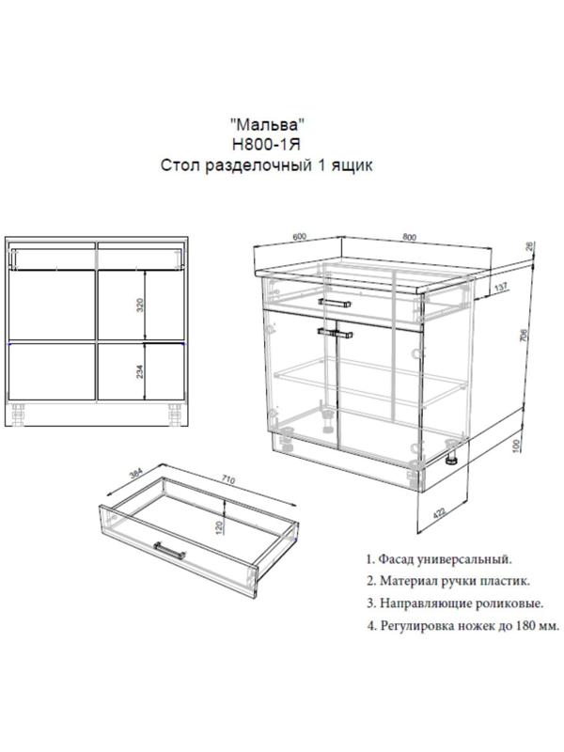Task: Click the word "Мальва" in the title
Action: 268,125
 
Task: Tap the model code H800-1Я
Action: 267,145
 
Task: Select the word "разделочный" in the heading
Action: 258,166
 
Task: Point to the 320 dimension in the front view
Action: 139,305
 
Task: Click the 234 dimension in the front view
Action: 139,370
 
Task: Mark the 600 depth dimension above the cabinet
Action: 298,236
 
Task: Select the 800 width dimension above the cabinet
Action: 410,237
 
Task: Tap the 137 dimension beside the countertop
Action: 500,288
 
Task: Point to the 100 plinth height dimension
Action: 515,445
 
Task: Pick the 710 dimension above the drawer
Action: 228,479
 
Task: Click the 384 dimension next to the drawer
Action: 136,474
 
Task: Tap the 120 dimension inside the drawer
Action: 219,527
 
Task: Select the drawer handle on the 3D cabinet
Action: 335,303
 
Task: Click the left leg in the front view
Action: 19,415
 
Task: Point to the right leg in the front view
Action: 175,415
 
